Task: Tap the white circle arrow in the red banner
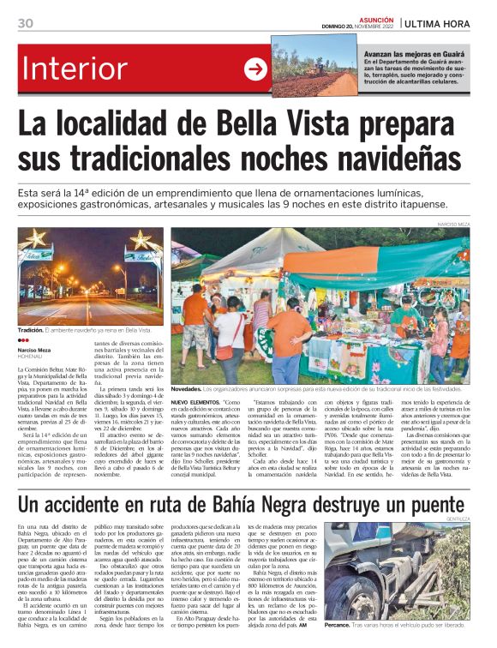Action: point(255,69)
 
